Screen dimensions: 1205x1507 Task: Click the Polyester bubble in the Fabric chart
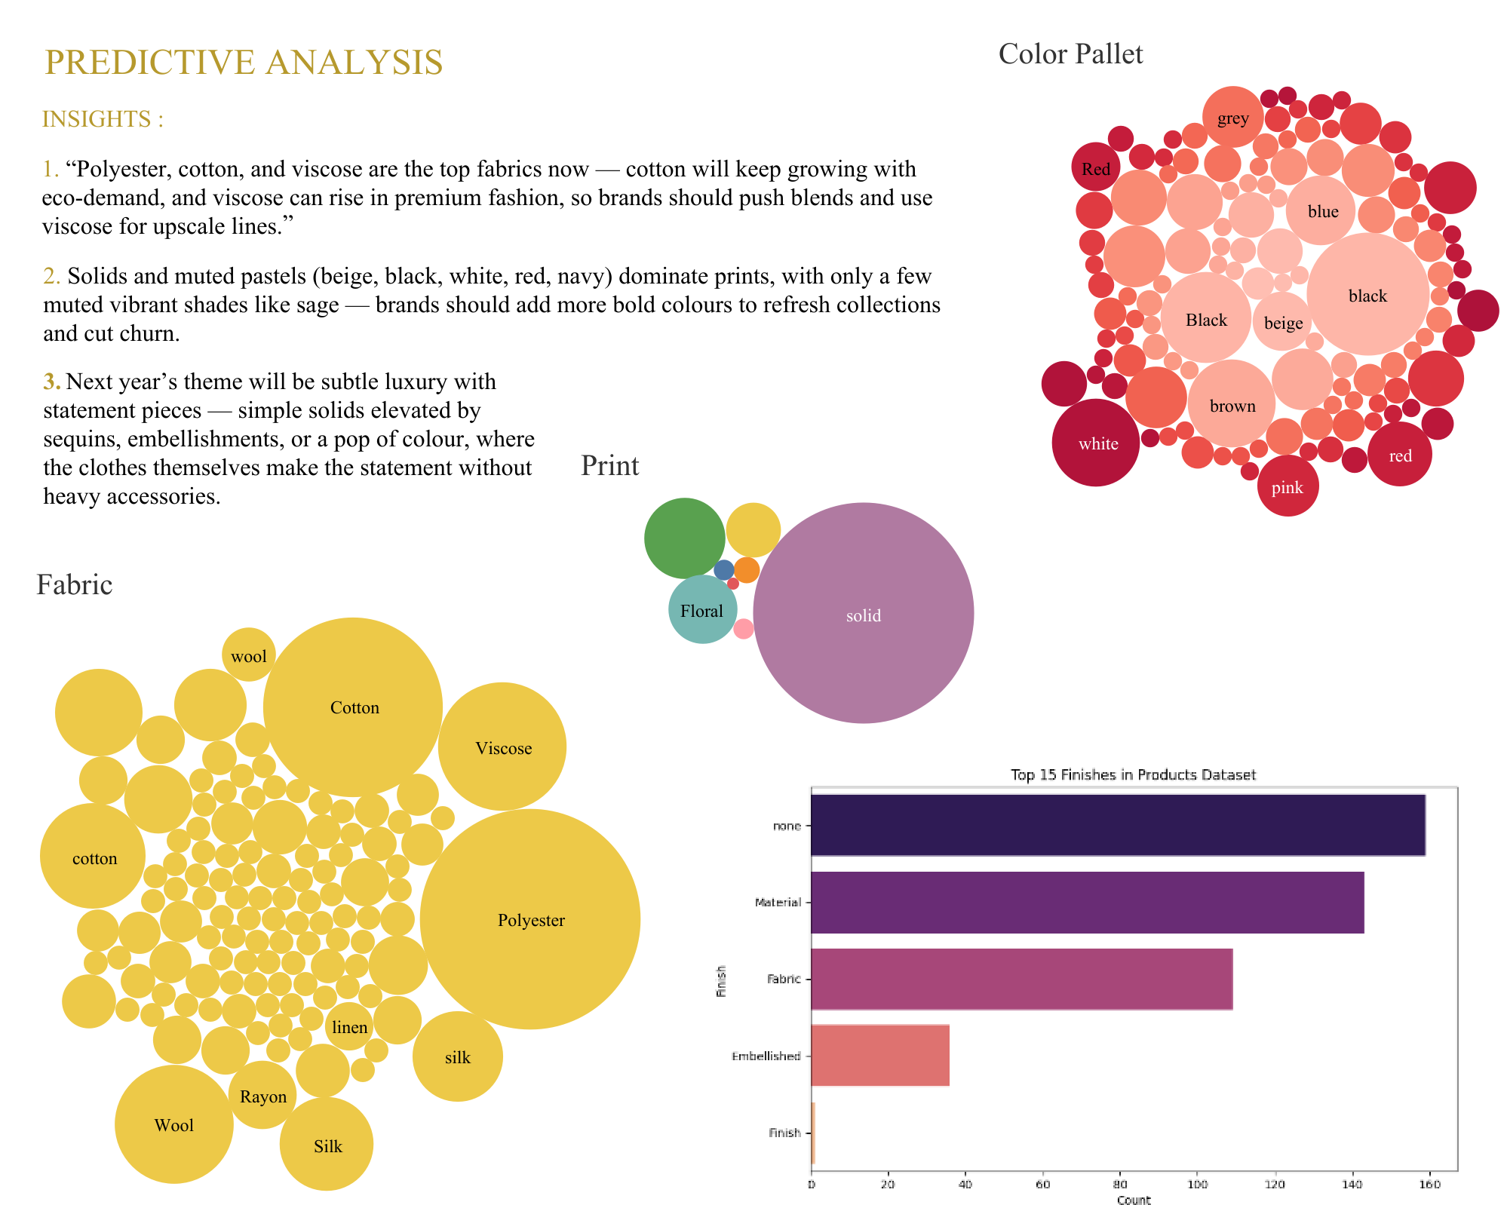pos(529,919)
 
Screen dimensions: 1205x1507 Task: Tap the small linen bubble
pos(348,1026)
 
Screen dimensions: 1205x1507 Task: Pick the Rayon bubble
pos(262,1095)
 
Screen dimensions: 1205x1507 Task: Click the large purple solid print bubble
pos(863,612)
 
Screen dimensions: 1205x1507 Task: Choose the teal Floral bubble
pos(702,609)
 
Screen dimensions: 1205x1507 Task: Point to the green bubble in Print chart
pos(684,538)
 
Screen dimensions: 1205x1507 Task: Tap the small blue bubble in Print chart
pos(723,570)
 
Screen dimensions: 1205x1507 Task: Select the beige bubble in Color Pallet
pos(1283,323)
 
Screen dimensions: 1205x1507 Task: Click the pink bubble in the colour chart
pos(1288,486)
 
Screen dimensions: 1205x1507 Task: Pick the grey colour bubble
pos(1232,118)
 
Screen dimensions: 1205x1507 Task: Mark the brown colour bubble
pos(1232,405)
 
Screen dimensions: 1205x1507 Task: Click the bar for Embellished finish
pos(879,1055)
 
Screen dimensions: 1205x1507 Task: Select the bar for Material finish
pos(1087,902)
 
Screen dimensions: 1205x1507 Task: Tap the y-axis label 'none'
pos(787,826)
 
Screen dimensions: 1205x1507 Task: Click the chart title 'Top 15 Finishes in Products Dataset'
pos(1133,774)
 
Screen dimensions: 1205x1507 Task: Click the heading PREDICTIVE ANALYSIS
pos(244,62)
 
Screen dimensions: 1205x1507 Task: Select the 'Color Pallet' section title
pos(1070,54)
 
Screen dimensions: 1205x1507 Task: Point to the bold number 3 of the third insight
pos(51,382)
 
